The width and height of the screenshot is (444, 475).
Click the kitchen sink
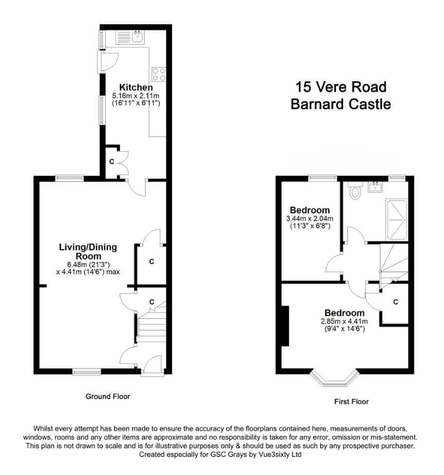(x=138, y=37)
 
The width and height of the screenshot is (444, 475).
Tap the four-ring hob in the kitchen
(x=159, y=74)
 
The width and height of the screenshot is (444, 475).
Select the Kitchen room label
(x=136, y=87)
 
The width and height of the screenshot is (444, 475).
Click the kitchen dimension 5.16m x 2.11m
(x=136, y=96)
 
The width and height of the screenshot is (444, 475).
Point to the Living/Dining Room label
(x=88, y=252)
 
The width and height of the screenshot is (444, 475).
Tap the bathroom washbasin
(x=375, y=187)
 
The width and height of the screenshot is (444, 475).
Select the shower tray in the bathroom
(x=397, y=220)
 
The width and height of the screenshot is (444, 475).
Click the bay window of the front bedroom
(x=335, y=378)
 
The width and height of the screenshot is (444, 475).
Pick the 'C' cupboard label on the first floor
(x=396, y=302)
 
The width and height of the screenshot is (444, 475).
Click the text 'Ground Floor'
(x=108, y=396)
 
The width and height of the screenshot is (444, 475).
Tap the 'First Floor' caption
(x=351, y=401)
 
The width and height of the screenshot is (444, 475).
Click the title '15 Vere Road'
(x=341, y=87)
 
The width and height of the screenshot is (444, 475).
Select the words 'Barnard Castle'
(x=341, y=104)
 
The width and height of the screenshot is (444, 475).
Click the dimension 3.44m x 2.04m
(x=310, y=218)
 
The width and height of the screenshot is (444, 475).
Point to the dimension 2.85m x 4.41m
(x=344, y=321)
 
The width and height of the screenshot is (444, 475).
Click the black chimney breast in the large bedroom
(x=285, y=326)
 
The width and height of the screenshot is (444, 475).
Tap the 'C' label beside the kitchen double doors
(x=112, y=162)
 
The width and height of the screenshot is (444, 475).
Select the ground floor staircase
(x=151, y=324)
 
